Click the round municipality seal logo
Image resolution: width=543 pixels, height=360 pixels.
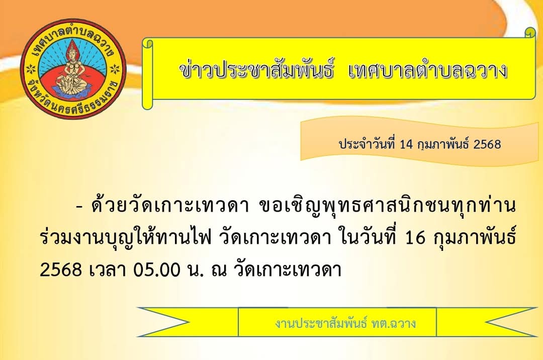(73, 69)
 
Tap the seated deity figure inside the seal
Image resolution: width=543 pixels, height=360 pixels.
(73, 69)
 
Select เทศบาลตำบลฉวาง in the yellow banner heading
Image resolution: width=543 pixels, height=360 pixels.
(428, 70)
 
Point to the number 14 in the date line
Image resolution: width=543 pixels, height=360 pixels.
(407, 144)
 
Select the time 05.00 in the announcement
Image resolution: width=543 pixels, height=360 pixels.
(157, 270)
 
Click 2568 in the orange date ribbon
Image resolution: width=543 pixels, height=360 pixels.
(487, 144)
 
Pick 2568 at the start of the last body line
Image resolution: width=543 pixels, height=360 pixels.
(61, 270)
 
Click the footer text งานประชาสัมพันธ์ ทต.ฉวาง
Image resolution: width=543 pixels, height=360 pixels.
(345, 323)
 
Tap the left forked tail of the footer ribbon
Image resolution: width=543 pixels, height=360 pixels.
(163, 322)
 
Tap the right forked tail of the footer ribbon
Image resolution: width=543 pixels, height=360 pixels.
(512, 322)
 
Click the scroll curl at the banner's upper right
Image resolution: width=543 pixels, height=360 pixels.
(530, 33)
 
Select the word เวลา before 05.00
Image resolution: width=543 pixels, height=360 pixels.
(108, 270)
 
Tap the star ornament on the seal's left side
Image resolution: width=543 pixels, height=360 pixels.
(31, 69)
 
